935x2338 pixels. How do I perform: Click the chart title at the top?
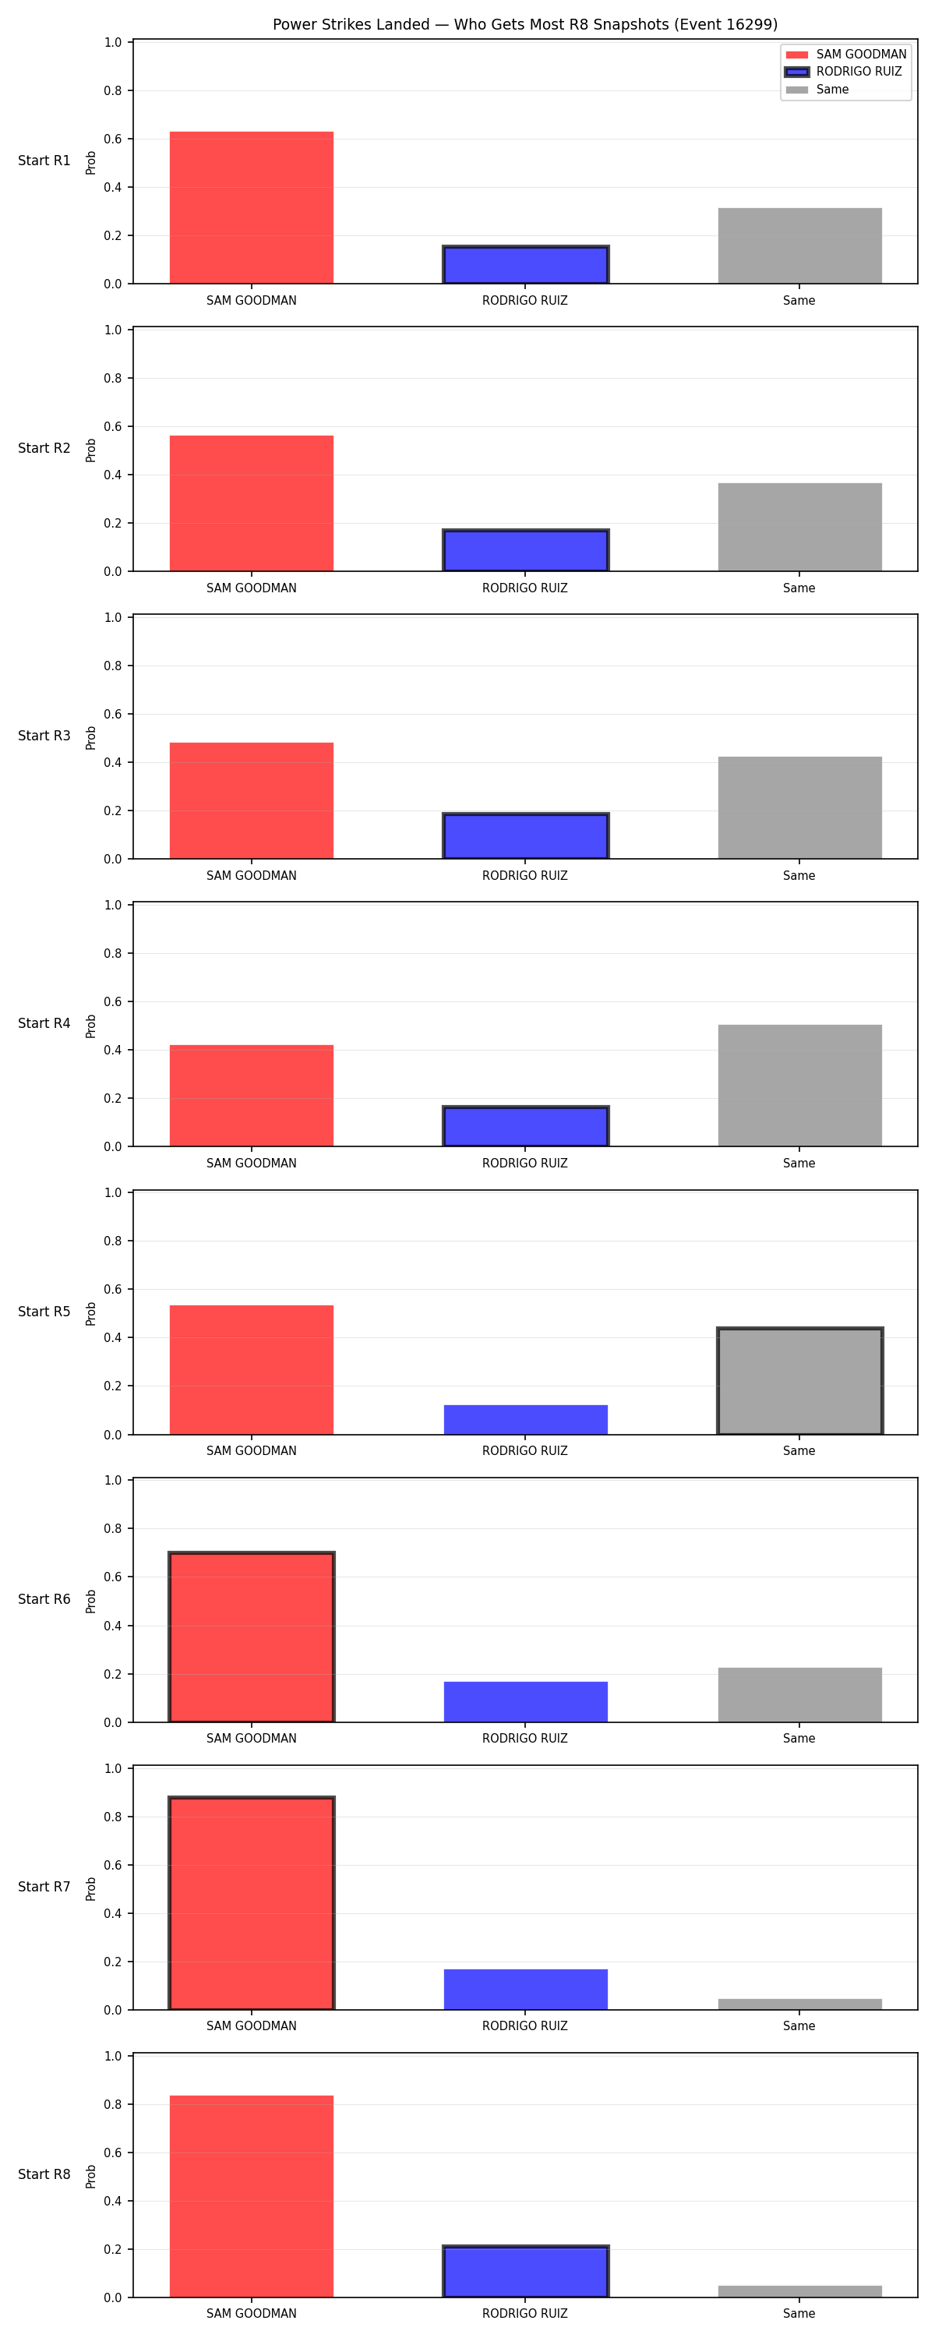click(x=524, y=24)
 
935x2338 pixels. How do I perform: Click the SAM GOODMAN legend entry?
click(x=846, y=55)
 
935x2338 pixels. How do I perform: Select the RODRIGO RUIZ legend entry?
click(x=843, y=72)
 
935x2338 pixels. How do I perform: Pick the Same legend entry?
click(x=817, y=89)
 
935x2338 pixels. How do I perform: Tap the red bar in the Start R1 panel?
click(x=252, y=208)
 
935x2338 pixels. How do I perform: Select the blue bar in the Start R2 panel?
click(x=526, y=550)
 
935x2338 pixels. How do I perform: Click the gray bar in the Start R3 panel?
click(x=799, y=807)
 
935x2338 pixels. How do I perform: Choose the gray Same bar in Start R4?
click(x=799, y=1086)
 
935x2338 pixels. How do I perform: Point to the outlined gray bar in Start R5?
click(x=799, y=1380)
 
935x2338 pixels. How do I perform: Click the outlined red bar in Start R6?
click(x=252, y=1637)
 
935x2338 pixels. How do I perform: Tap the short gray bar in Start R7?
click(x=799, y=2004)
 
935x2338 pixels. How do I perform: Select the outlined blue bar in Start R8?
click(x=526, y=2272)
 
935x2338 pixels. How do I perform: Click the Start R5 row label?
click(x=44, y=1312)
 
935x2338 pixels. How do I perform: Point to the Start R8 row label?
click(x=44, y=2174)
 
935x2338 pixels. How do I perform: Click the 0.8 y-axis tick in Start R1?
click(x=112, y=90)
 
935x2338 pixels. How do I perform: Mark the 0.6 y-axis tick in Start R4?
click(x=112, y=1002)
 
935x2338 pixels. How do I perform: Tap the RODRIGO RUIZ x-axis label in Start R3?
click(x=524, y=876)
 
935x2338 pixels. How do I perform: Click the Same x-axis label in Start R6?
click(x=799, y=1738)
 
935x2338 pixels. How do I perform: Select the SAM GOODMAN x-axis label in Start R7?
click(x=252, y=2025)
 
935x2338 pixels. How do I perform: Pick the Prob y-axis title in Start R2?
click(x=91, y=450)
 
